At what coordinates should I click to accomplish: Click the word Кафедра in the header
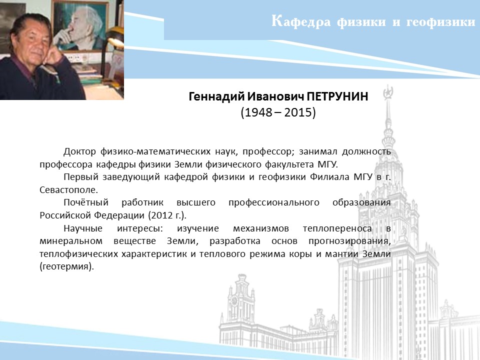point(301,21)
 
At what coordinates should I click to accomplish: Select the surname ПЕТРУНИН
point(337,96)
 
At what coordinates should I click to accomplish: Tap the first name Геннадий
point(216,96)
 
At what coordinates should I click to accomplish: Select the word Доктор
point(79,151)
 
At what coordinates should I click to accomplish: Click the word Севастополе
point(68,190)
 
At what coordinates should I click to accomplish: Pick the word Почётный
point(86,202)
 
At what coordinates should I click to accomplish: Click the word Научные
point(83,228)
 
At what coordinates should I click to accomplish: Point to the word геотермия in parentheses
point(66,266)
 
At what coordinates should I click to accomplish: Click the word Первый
point(81,177)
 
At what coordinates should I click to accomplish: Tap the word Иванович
point(275,96)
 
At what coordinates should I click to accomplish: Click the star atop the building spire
point(388,92)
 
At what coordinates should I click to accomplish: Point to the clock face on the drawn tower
point(234,301)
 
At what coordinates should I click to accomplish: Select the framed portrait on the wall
point(80,25)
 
